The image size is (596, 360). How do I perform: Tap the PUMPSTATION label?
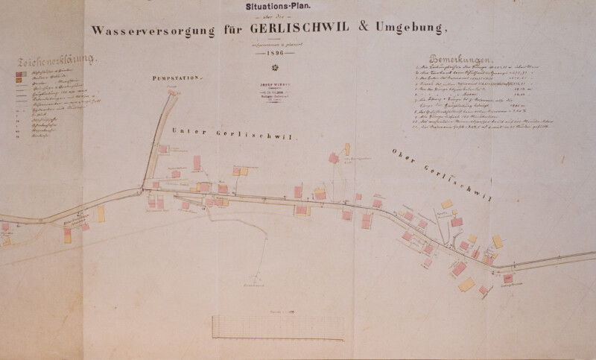pyautogui.click(x=177, y=78)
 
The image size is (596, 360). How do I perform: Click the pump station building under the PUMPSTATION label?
pyautogui.click(x=174, y=89)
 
